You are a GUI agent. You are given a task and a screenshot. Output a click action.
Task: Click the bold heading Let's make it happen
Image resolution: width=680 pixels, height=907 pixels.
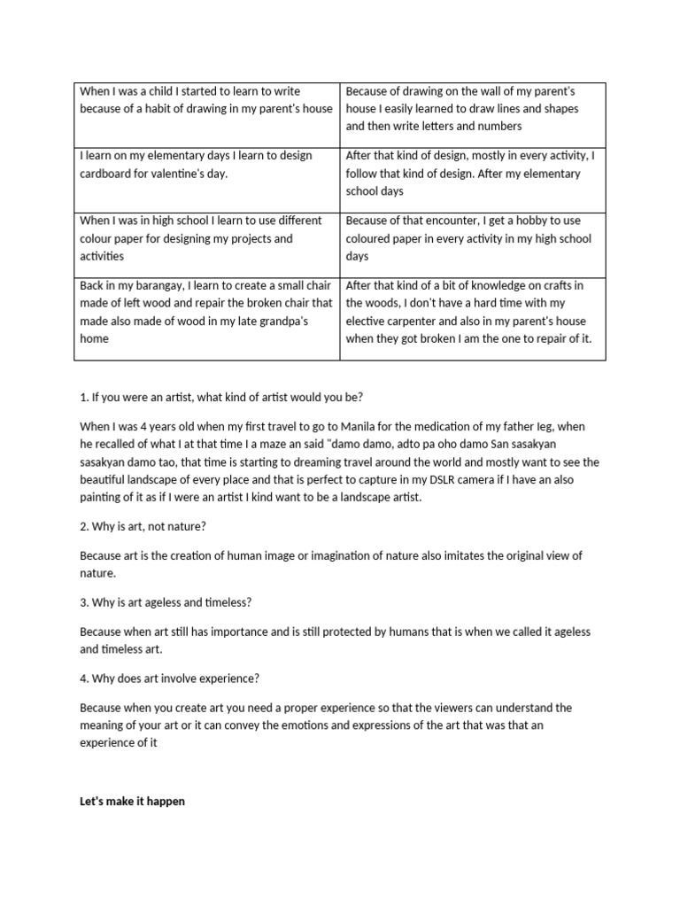[x=133, y=802]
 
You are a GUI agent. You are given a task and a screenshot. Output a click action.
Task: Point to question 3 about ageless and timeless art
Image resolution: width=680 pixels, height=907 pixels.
[x=166, y=602]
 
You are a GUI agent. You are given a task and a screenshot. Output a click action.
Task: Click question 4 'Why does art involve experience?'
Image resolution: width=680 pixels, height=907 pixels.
[x=169, y=678]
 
